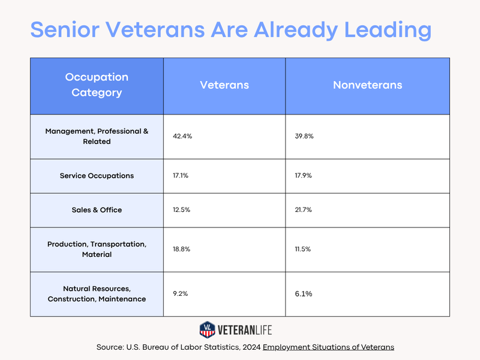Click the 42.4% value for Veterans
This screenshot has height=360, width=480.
coord(182,136)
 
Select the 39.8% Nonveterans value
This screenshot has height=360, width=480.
coord(301,136)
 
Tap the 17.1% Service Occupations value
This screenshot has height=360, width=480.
coord(181,176)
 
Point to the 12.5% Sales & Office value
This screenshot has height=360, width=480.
coord(182,210)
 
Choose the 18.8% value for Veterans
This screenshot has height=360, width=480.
coord(182,249)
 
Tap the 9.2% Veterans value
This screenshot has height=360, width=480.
coord(181,294)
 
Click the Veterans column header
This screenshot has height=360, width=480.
coord(224,85)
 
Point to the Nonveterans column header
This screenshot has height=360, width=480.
coord(367,85)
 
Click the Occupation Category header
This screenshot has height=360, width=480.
coord(97,85)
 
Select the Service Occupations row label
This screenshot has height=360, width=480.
coord(97,176)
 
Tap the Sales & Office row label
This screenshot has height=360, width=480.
coord(97,210)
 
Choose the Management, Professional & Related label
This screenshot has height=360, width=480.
coord(97,136)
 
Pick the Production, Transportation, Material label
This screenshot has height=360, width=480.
coord(97,249)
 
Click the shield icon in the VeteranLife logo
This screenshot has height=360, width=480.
coord(208,329)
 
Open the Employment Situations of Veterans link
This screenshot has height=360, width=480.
coord(328,347)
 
